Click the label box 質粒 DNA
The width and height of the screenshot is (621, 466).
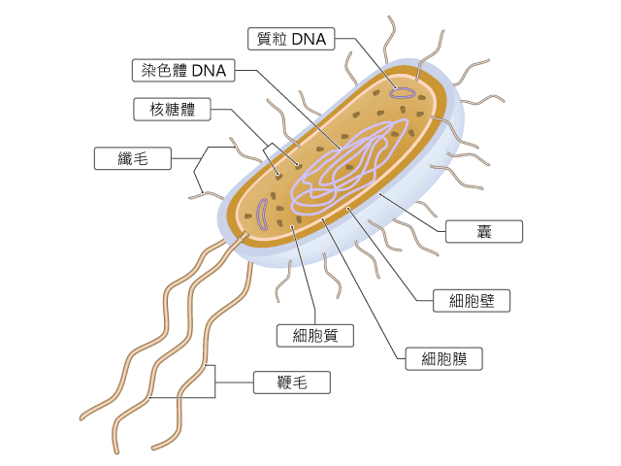(x=291, y=39)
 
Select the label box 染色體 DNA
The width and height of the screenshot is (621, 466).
(x=183, y=71)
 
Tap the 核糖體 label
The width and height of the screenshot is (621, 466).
(x=172, y=110)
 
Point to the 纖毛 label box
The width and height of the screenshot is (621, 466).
(x=133, y=158)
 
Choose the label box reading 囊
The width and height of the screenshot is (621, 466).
(x=484, y=231)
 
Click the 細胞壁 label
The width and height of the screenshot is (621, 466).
(x=472, y=301)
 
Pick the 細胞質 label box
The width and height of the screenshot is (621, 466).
(x=314, y=336)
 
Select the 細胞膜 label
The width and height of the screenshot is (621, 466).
(x=443, y=359)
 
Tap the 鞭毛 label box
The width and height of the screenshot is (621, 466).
(x=291, y=383)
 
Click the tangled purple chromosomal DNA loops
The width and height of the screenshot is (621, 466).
(x=350, y=166)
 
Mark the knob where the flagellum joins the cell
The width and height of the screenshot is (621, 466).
(x=245, y=235)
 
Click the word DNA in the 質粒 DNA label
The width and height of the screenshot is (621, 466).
(x=309, y=39)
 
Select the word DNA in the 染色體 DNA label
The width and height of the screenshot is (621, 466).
(x=209, y=71)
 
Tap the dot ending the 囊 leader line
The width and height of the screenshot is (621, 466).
(x=380, y=194)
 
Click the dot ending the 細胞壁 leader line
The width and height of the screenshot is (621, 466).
(x=348, y=209)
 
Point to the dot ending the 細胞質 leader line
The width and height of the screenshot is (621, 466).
(x=292, y=226)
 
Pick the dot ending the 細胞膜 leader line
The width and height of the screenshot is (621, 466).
(x=323, y=219)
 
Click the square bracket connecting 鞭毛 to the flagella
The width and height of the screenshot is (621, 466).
(x=215, y=382)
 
